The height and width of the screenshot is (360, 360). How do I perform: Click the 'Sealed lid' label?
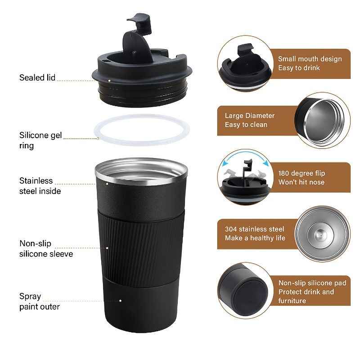tap(37, 78)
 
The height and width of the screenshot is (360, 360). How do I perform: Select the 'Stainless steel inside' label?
tap(40, 186)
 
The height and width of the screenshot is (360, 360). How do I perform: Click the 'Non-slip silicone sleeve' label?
tap(45, 249)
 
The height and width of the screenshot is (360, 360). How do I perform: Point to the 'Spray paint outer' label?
tap(39, 301)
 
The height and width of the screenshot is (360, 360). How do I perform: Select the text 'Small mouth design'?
tap(310, 59)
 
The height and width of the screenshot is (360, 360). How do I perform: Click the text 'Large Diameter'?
tap(249, 116)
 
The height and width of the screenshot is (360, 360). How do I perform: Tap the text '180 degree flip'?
tap(301, 173)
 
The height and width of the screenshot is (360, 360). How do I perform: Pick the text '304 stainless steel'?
tap(254, 229)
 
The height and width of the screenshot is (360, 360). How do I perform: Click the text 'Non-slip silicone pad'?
tap(312, 283)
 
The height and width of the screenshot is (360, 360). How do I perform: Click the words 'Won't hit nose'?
tap(301, 182)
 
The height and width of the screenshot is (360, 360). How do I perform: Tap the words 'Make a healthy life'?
tap(255, 238)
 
